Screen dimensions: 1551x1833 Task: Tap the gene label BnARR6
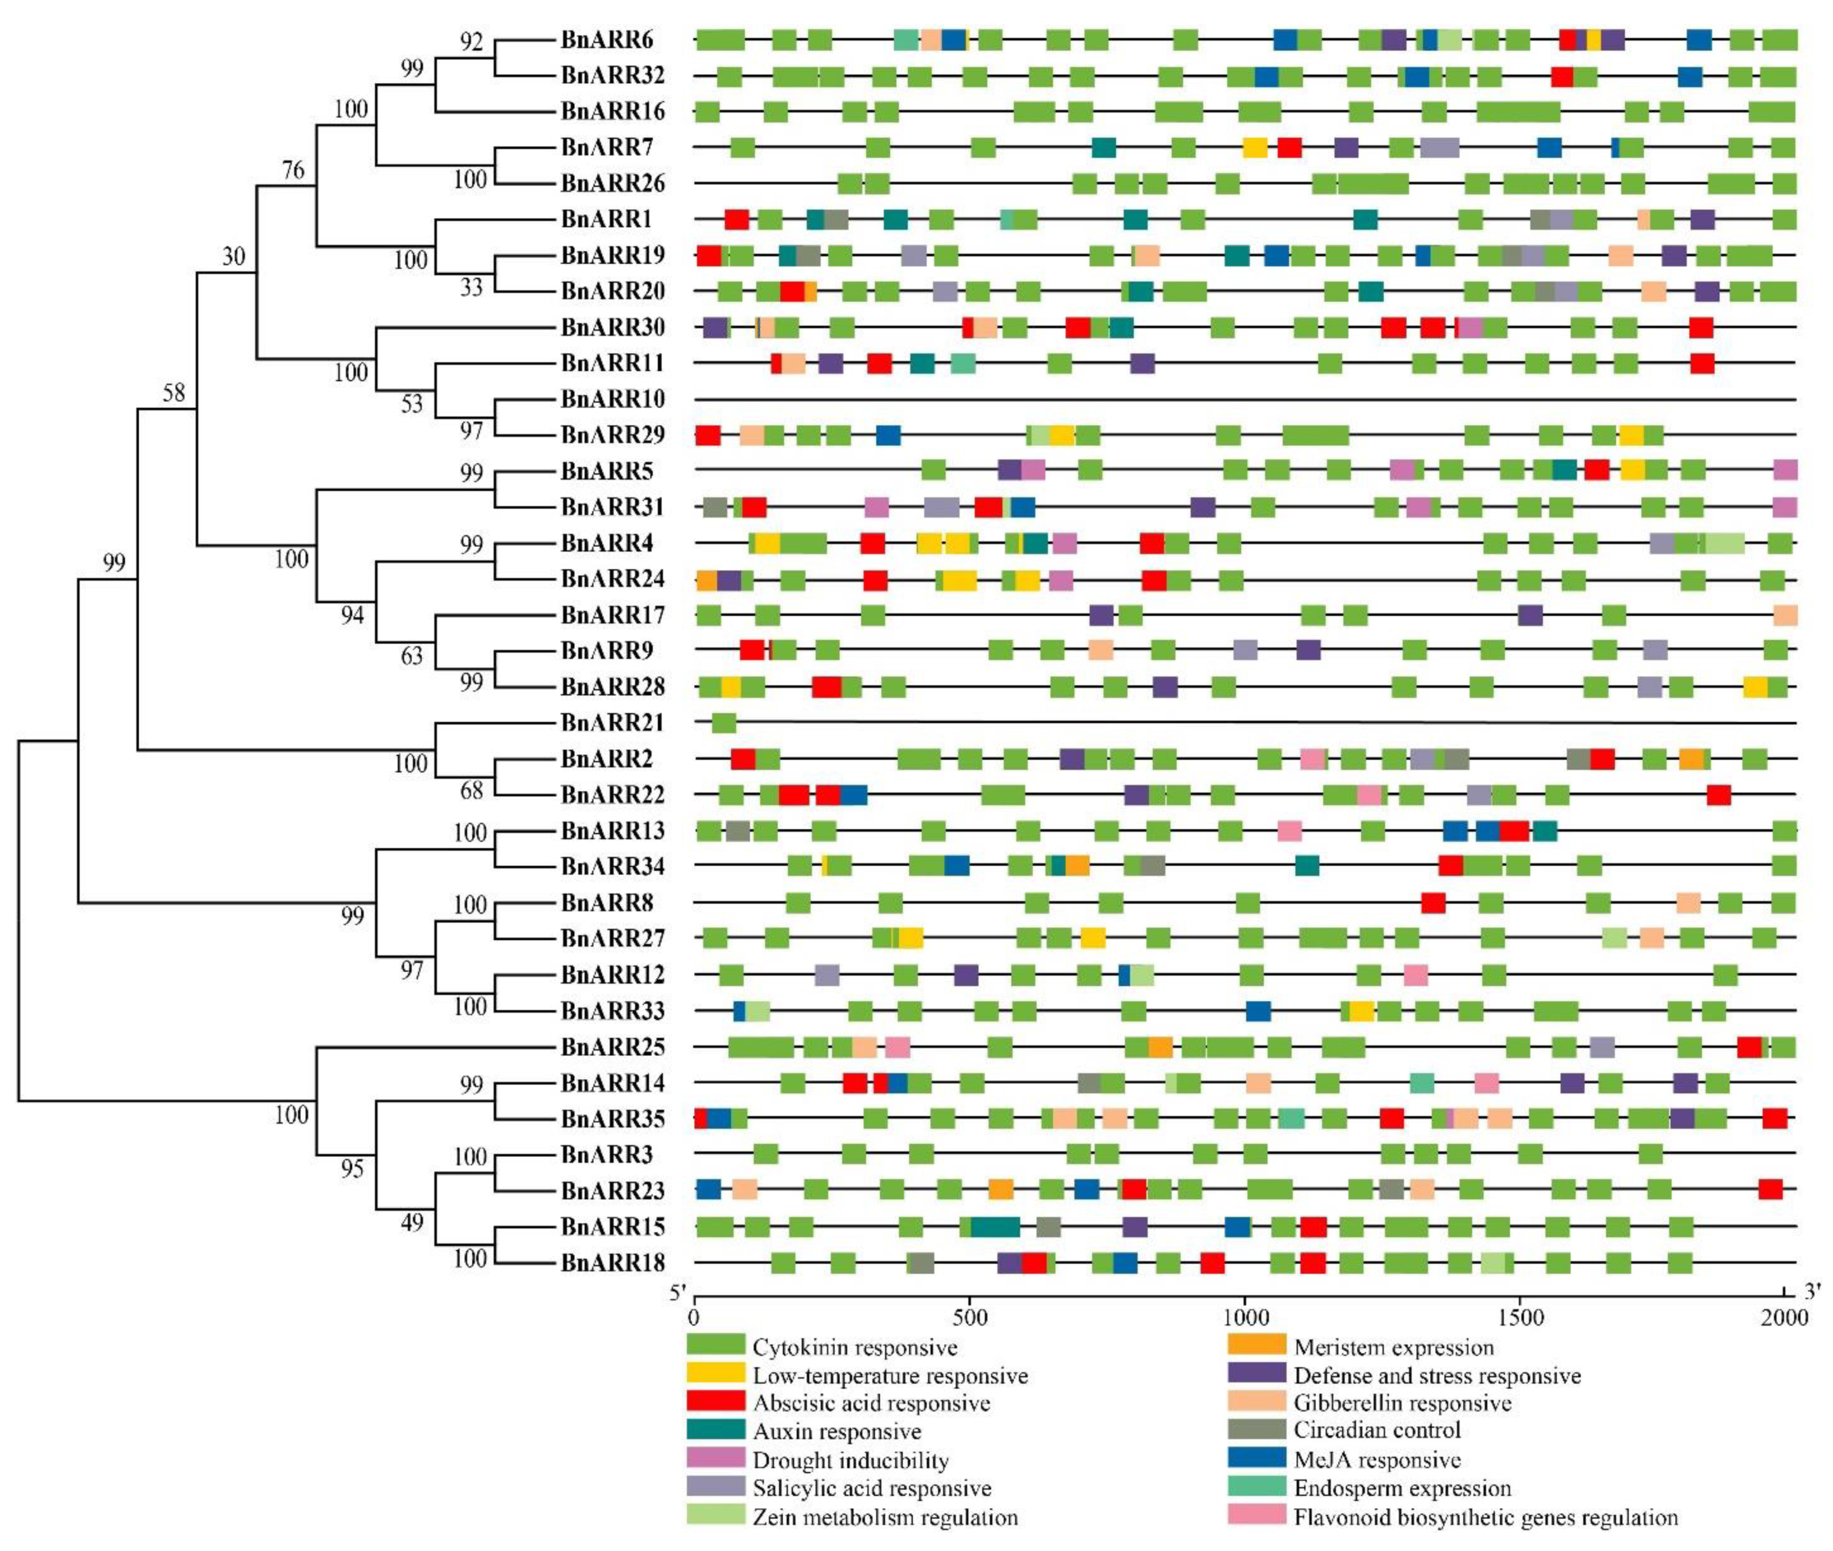(x=607, y=40)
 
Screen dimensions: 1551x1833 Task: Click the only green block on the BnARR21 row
(x=724, y=723)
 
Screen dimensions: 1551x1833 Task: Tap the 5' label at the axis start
(x=677, y=1292)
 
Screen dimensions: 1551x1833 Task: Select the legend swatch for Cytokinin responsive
(x=714, y=1346)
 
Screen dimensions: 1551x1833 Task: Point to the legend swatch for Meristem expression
(x=1256, y=1346)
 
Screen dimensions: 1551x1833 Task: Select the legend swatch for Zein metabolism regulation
(x=714, y=1517)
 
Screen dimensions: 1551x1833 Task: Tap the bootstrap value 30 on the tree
(x=233, y=256)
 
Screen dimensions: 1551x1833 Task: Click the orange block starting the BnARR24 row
(x=706, y=580)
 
